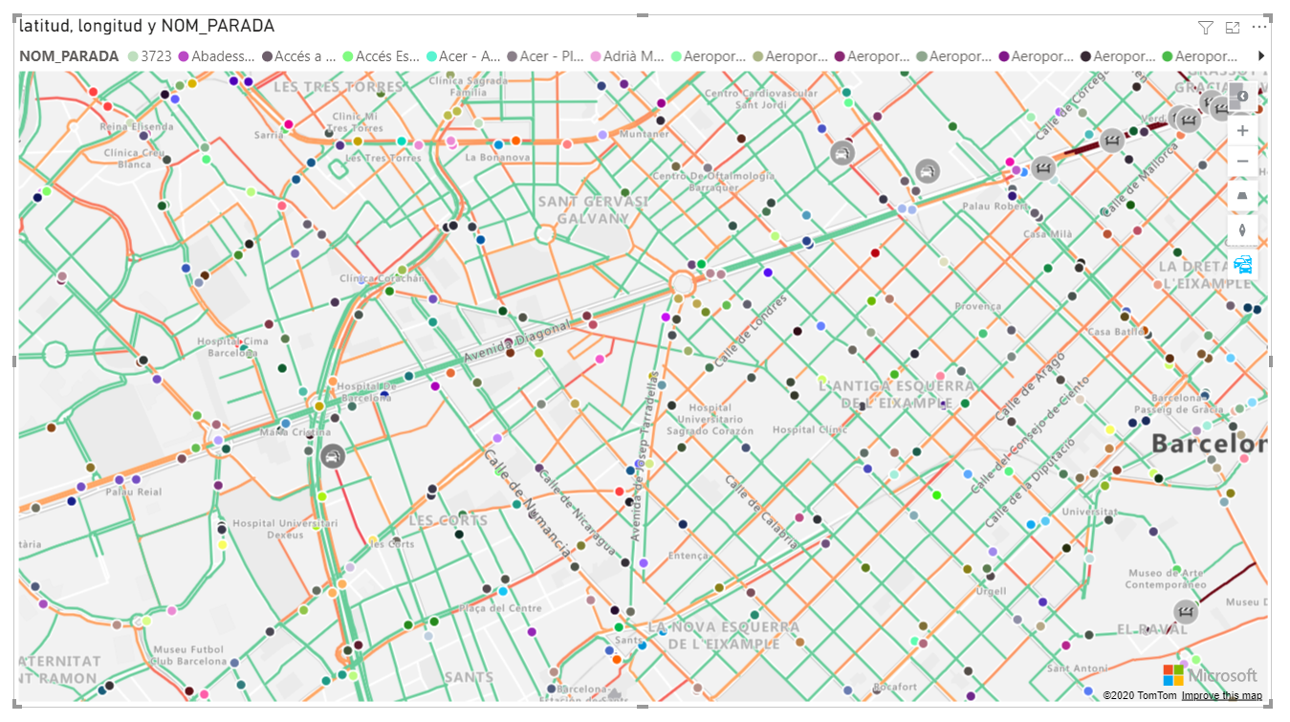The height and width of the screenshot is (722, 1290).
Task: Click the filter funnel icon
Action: coord(1206,28)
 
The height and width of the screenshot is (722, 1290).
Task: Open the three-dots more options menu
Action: coord(1258,28)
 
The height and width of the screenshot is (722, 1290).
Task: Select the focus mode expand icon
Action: coord(1233,28)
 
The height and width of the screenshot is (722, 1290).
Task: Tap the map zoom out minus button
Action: coord(1242,162)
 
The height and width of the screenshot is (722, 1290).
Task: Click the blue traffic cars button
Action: coord(1242,265)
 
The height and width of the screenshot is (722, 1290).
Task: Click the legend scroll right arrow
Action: coord(1261,56)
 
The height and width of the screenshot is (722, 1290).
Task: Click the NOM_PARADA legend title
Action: coord(69,56)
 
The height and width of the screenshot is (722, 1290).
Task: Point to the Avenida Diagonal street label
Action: coord(516,342)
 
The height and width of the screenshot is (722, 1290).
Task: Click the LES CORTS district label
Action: coord(448,520)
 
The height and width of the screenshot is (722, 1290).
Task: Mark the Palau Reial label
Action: coord(134,492)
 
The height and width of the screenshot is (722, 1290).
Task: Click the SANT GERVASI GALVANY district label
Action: coord(593,209)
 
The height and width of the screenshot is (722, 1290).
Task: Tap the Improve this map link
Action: coord(1221,696)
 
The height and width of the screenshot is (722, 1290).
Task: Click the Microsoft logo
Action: coord(1210,675)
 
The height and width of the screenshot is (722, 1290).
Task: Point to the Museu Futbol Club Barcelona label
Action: coord(188,656)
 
